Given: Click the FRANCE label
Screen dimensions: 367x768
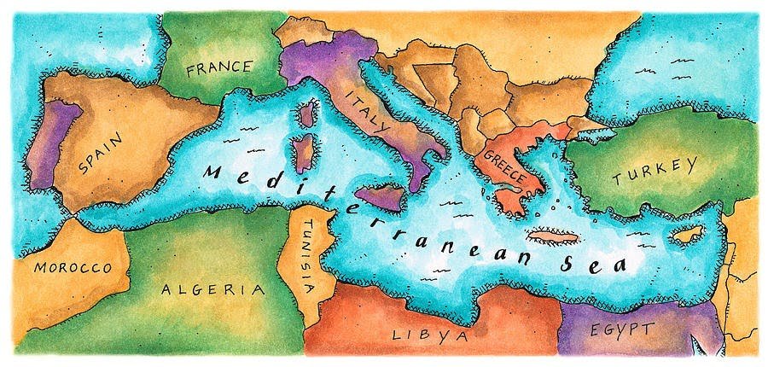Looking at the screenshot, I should point(219,67).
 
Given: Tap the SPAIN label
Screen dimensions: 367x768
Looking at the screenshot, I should point(99,152).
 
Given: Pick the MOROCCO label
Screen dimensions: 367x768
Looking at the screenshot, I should point(73,268).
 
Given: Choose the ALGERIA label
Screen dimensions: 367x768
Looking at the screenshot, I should point(212,288).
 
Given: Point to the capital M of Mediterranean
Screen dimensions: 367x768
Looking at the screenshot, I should point(212,172).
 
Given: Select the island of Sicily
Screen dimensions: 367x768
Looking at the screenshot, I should point(380,197).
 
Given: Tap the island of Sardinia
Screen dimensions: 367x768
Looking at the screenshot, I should point(303,154).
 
